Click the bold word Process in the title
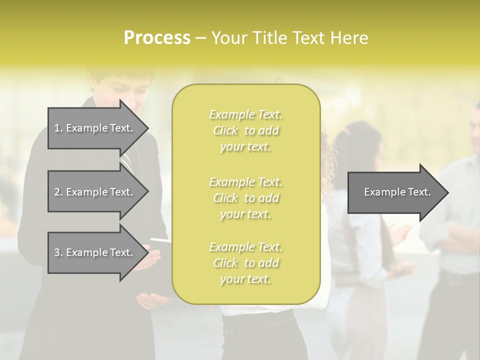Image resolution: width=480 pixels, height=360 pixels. (157, 38)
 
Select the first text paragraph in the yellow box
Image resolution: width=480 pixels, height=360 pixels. (245, 130)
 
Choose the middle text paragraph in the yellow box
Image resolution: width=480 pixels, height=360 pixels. (245, 198)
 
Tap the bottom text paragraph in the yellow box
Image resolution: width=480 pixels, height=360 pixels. (245, 263)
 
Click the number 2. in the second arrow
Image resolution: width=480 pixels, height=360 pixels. (58, 192)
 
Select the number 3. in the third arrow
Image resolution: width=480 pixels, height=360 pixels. (58, 252)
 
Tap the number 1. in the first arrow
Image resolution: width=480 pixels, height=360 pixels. (58, 128)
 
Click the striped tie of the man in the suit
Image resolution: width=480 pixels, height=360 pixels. (128, 163)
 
